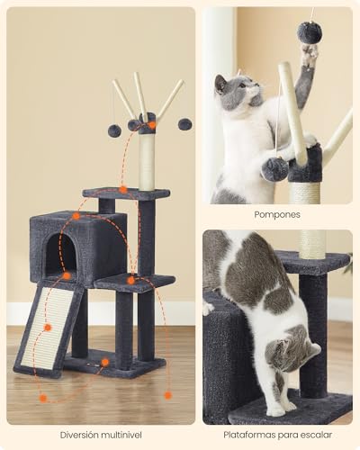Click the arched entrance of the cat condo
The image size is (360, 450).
(x=60, y=256)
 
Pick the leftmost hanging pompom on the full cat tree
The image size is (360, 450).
(x=114, y=130)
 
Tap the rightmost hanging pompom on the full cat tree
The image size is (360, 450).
(x=184, y=123)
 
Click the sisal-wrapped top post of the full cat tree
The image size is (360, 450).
(x=147, y=162)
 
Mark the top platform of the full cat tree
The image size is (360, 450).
(x=126, y=193)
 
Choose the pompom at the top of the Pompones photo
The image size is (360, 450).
(x=310, y=32)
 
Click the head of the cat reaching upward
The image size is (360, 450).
(x=232, y=91)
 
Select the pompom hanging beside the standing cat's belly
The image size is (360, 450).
(x=275, y=167)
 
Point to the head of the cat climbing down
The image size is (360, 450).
(x=291, y=350)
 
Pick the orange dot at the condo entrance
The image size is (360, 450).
(x=67, y=275)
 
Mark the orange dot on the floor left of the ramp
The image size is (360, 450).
(x=42, y=397)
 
